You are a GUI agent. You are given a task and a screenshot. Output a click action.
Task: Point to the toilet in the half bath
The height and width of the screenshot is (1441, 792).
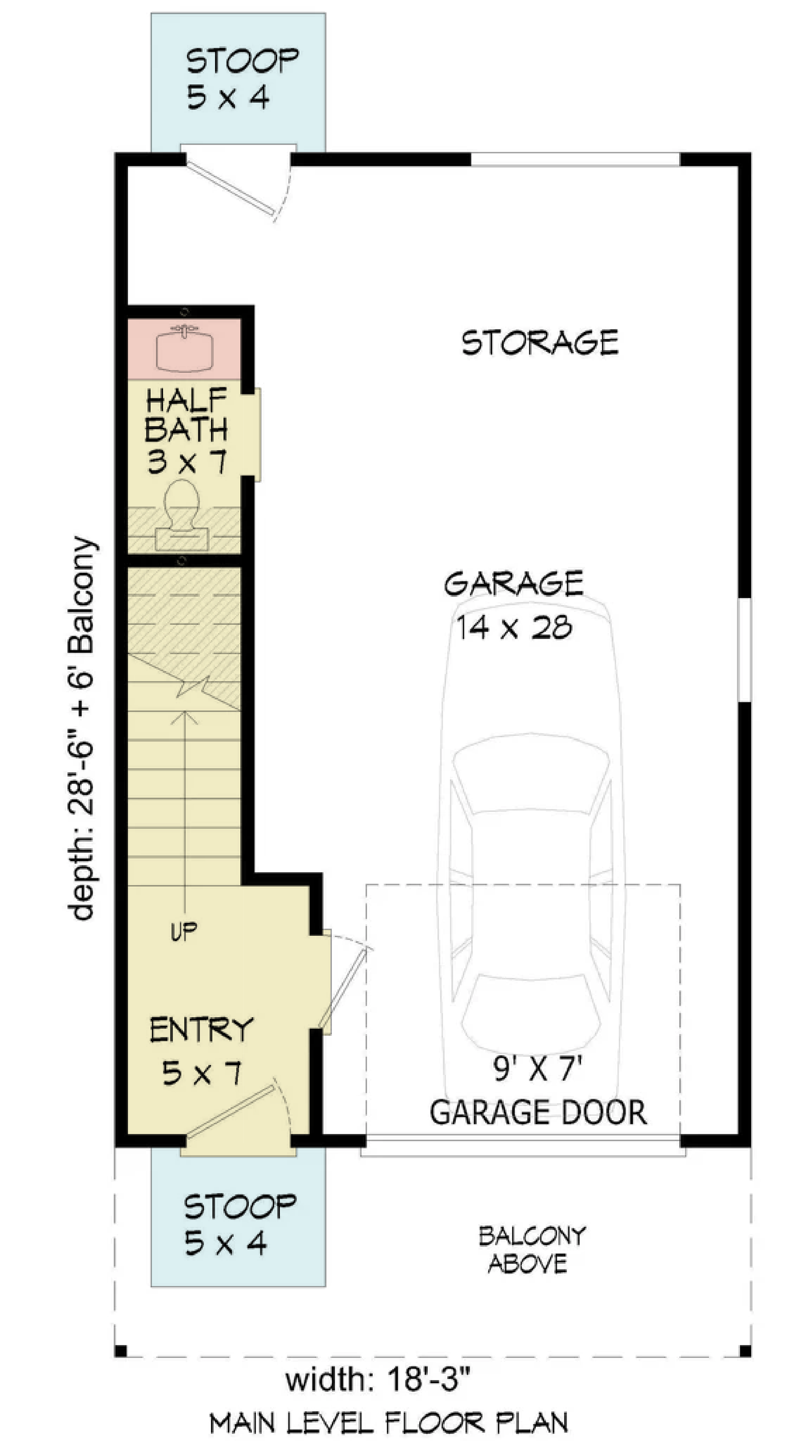coord(182,515)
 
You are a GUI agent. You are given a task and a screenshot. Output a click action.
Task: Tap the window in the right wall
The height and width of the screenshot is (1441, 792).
coord(744,650)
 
